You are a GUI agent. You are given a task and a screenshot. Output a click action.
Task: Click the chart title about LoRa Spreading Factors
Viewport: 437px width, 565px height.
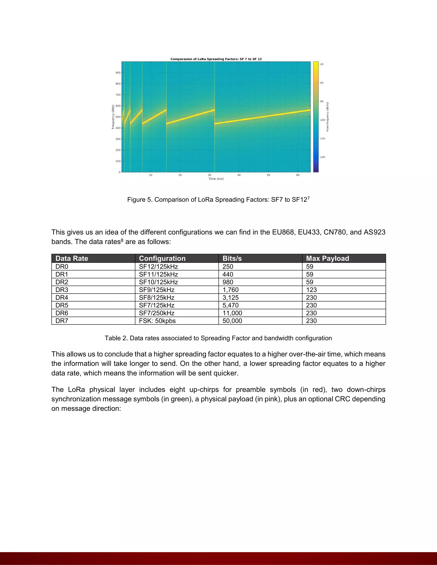coord(216,59)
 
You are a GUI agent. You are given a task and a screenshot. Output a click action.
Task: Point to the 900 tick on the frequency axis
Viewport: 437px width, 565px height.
coord(118,73)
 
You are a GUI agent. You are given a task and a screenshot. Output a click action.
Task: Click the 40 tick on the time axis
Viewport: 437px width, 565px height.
coord(239,175)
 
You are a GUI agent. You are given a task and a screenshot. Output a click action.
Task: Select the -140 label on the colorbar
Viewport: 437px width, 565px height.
coord(322,157)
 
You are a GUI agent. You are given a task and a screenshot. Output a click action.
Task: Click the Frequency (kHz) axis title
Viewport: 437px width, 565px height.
coord(113,117)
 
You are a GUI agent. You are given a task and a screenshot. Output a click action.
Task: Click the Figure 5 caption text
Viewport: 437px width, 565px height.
coord(218,200)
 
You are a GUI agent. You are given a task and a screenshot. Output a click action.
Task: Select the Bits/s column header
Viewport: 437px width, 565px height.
coord(232,258)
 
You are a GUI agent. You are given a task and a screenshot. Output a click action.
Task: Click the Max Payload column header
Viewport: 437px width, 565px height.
coord(328,258)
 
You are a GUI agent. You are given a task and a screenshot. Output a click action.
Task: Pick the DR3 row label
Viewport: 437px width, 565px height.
coord(62,290)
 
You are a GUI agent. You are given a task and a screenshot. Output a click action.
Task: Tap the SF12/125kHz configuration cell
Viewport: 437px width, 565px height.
coord(159,267)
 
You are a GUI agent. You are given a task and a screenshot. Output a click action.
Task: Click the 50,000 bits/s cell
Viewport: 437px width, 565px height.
coord(232,321)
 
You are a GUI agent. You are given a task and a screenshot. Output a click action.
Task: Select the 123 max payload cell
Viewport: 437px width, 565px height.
coord(312,290)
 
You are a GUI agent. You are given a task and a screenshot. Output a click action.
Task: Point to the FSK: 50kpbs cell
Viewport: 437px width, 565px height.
coord(157,321)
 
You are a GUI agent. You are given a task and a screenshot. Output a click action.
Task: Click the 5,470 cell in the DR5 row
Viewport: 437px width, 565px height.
coord(230,306)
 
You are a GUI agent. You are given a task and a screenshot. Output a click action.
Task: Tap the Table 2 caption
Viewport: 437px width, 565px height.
coord(218,338)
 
